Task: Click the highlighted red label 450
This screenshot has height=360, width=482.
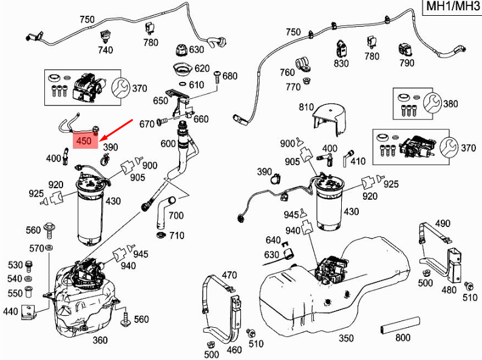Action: [x=84, y=141]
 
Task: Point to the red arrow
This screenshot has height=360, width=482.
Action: [x=118, y=129]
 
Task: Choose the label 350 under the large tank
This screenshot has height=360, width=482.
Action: [x=345, y=338]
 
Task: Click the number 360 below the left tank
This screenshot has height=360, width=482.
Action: [x=100, y=341]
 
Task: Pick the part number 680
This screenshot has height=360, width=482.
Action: [x=230, y=76]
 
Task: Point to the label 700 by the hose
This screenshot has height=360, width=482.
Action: [x=176, y=216]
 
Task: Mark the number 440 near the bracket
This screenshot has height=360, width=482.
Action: [x=10, y=311]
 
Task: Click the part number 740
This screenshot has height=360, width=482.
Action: [x=106, y=50]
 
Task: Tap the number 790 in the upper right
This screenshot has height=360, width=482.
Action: [x=406, y=63]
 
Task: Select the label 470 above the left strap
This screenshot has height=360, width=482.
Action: [x=228, y=275]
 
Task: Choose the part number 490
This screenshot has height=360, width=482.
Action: [x=443, y=223]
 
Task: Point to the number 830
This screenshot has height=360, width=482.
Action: [x=341, y=63]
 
